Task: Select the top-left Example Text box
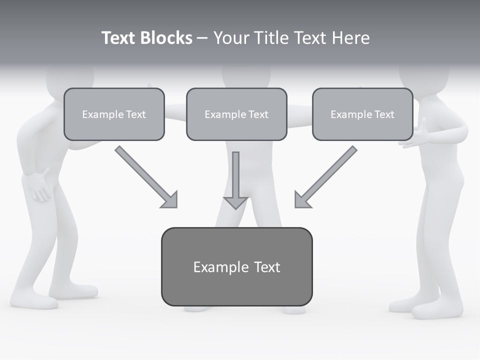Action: pyautogui.click(x=114, y=114)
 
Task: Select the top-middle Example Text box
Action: pyautogui.click(x=236, y=114)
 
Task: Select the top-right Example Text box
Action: pyautogui.click(x=362, y=114)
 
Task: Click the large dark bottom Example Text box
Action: pyautogui.click(x=236, y=266)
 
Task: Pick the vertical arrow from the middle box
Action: pyautogui.click(x=235, y=177)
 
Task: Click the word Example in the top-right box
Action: pyautogui.click(x=348, y=114)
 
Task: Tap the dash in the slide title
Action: pyautogui.click(x=202, y=38)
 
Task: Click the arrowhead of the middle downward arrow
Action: pyautogui.click(x=235, y=202)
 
